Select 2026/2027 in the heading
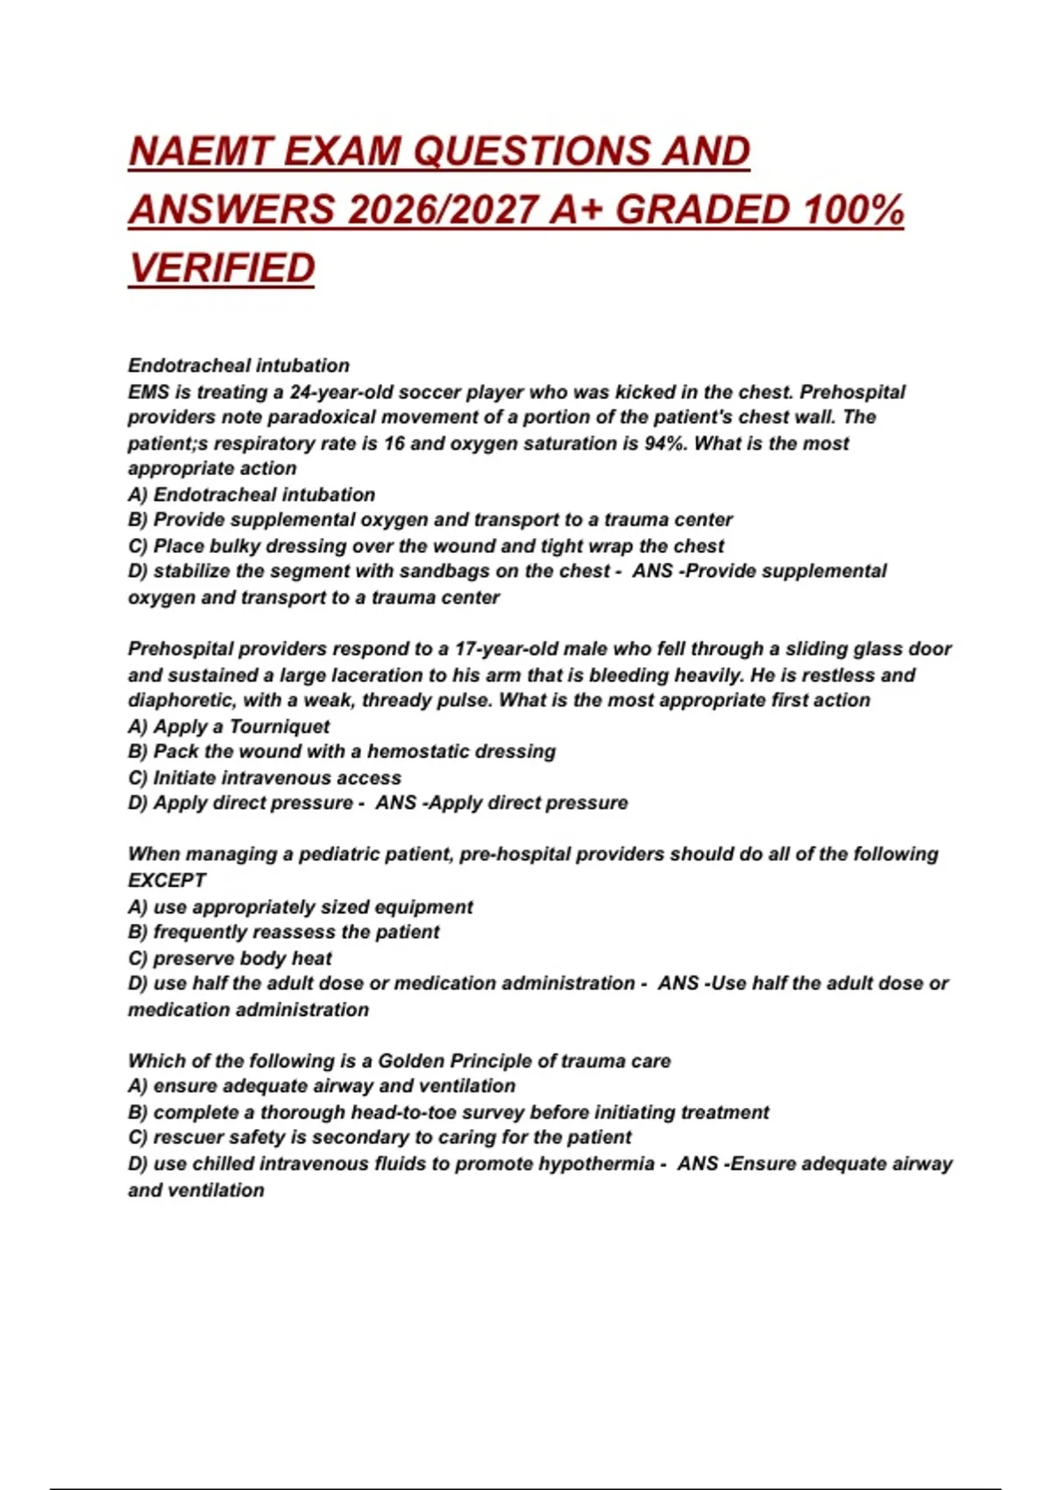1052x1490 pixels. [442, 210]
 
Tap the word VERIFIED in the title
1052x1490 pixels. [222, 268]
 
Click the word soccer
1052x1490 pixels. [430, 392]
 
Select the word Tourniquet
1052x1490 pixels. [280, 727]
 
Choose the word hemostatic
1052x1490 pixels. [417, 752]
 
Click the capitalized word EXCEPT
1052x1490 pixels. [167, 881]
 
